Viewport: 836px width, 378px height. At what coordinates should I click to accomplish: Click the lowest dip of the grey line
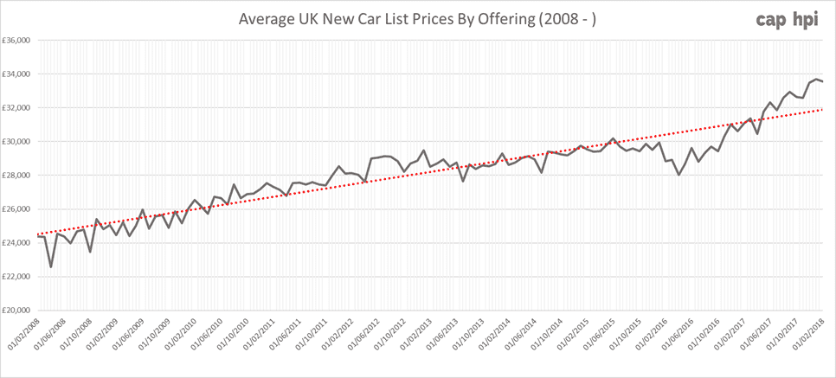coord(50,266)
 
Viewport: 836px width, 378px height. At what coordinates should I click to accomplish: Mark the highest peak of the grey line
coord(815,79)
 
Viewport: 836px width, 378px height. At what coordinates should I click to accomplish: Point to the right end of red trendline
coord(822,110)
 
